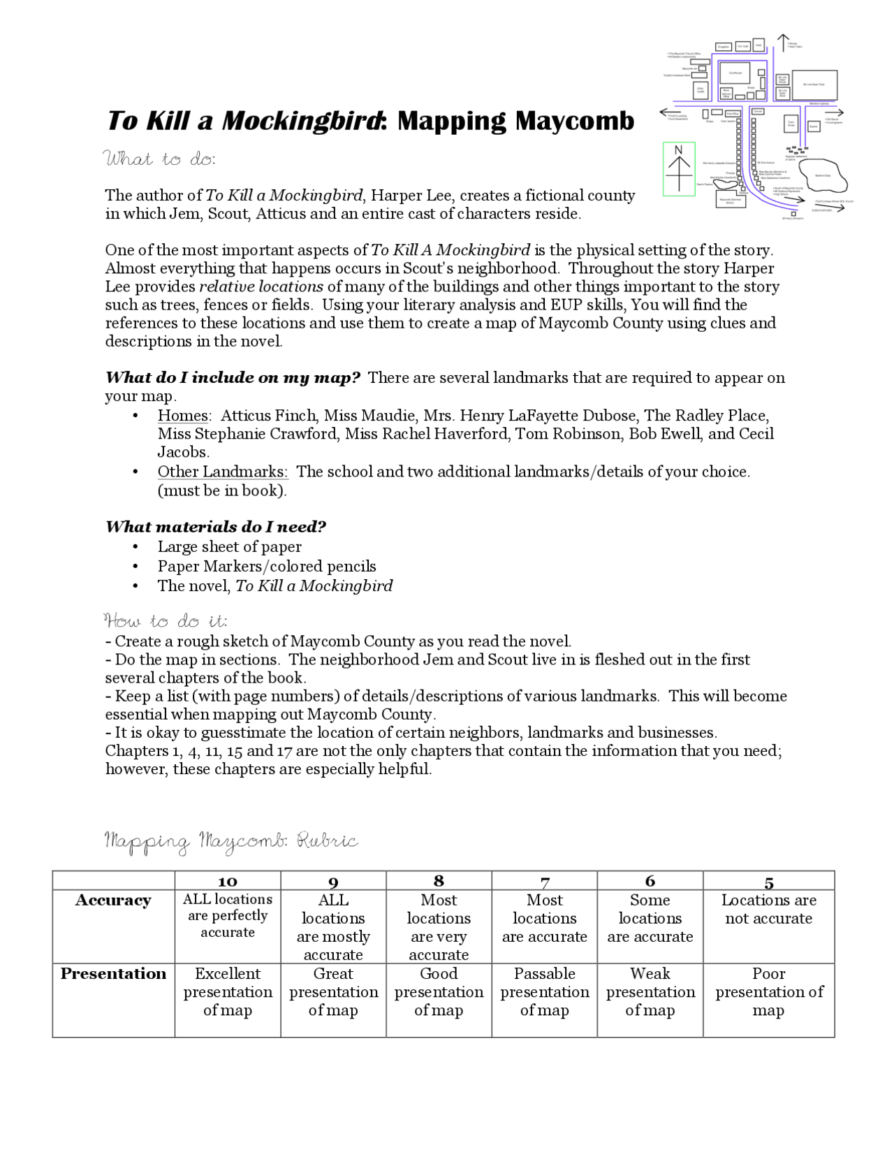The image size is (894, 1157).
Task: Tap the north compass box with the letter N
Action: point(679,168)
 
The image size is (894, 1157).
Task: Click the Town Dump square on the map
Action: point(791,124)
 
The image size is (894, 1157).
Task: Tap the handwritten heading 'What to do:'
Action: point(159,159)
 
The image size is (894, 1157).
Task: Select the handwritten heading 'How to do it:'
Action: point(165,620)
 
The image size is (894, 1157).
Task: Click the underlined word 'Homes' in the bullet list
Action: point(182,416)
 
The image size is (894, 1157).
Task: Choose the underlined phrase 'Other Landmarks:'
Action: point(222,472)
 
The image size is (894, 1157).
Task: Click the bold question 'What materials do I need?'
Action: point(216,527)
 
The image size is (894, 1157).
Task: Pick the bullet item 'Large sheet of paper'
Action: point(229,546)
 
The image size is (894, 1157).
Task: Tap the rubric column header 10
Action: point(228,882)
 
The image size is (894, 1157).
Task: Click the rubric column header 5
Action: point(768,882)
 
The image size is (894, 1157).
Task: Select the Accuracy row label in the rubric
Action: point(113,901)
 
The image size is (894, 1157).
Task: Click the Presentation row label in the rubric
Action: point(113,974)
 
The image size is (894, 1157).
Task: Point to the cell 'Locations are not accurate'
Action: point(768,910)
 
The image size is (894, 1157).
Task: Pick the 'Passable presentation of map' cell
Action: point(544,991)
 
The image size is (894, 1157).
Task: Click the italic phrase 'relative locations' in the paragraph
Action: point(261,286)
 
